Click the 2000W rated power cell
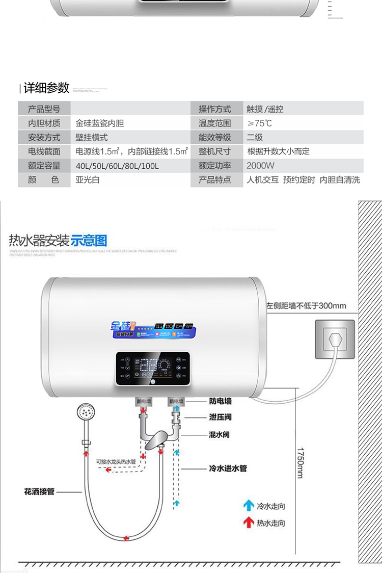tap(260, 166)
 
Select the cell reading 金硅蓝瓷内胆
tap(100, 123)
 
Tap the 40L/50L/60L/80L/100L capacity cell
tap(117, 166)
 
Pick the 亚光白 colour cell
tap(88, 180)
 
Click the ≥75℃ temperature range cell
tap(260, 123)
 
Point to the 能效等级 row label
tap(214, 138)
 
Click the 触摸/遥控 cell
tap(265, 109)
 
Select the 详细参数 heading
tap(46, 88)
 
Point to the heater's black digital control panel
tap(153, 369)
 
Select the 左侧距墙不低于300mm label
tap(306, 306)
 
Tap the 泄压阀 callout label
tap(220, 417)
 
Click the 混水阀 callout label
tap(220, 435)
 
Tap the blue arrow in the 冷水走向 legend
tap(249, 506)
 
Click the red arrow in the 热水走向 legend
tap(249, 523)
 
